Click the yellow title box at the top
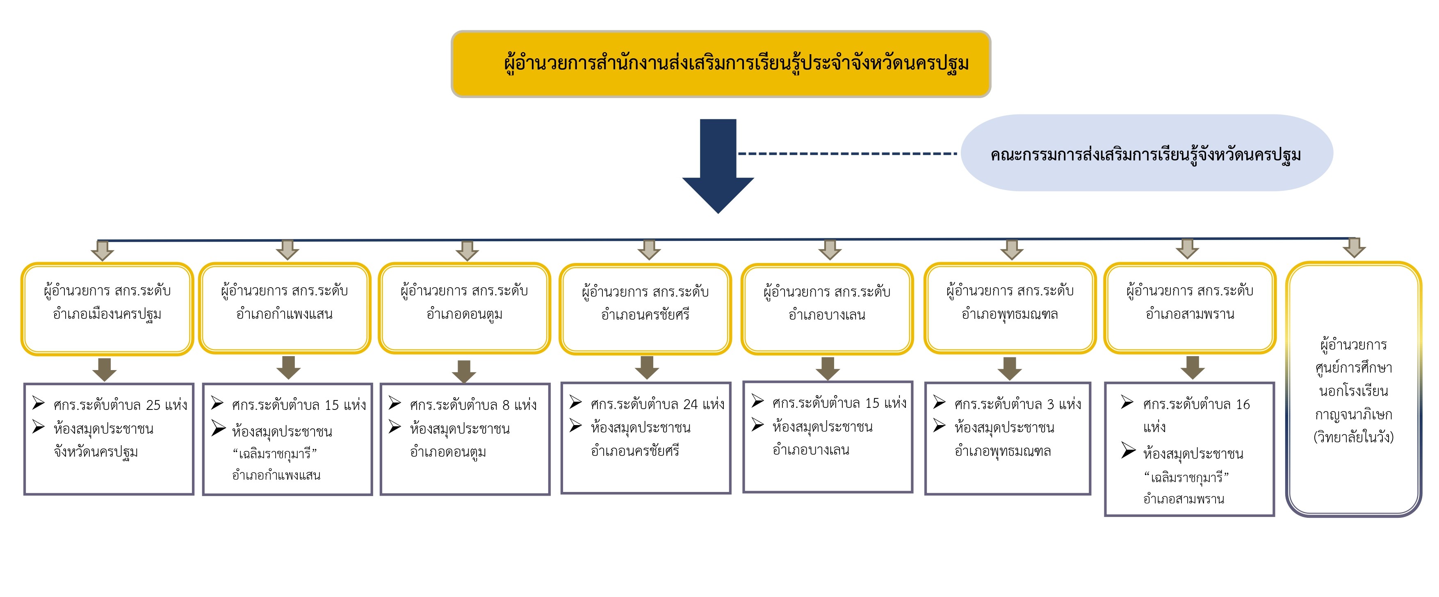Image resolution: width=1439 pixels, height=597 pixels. [x=721, y=64]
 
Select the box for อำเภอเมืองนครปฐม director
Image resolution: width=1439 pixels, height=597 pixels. [x=107, y=308]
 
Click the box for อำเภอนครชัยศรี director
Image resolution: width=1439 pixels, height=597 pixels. [x=645, y=309]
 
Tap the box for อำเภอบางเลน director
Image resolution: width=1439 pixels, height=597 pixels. [x=827, y=309]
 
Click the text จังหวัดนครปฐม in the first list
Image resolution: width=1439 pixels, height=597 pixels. [x=96, y=452]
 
